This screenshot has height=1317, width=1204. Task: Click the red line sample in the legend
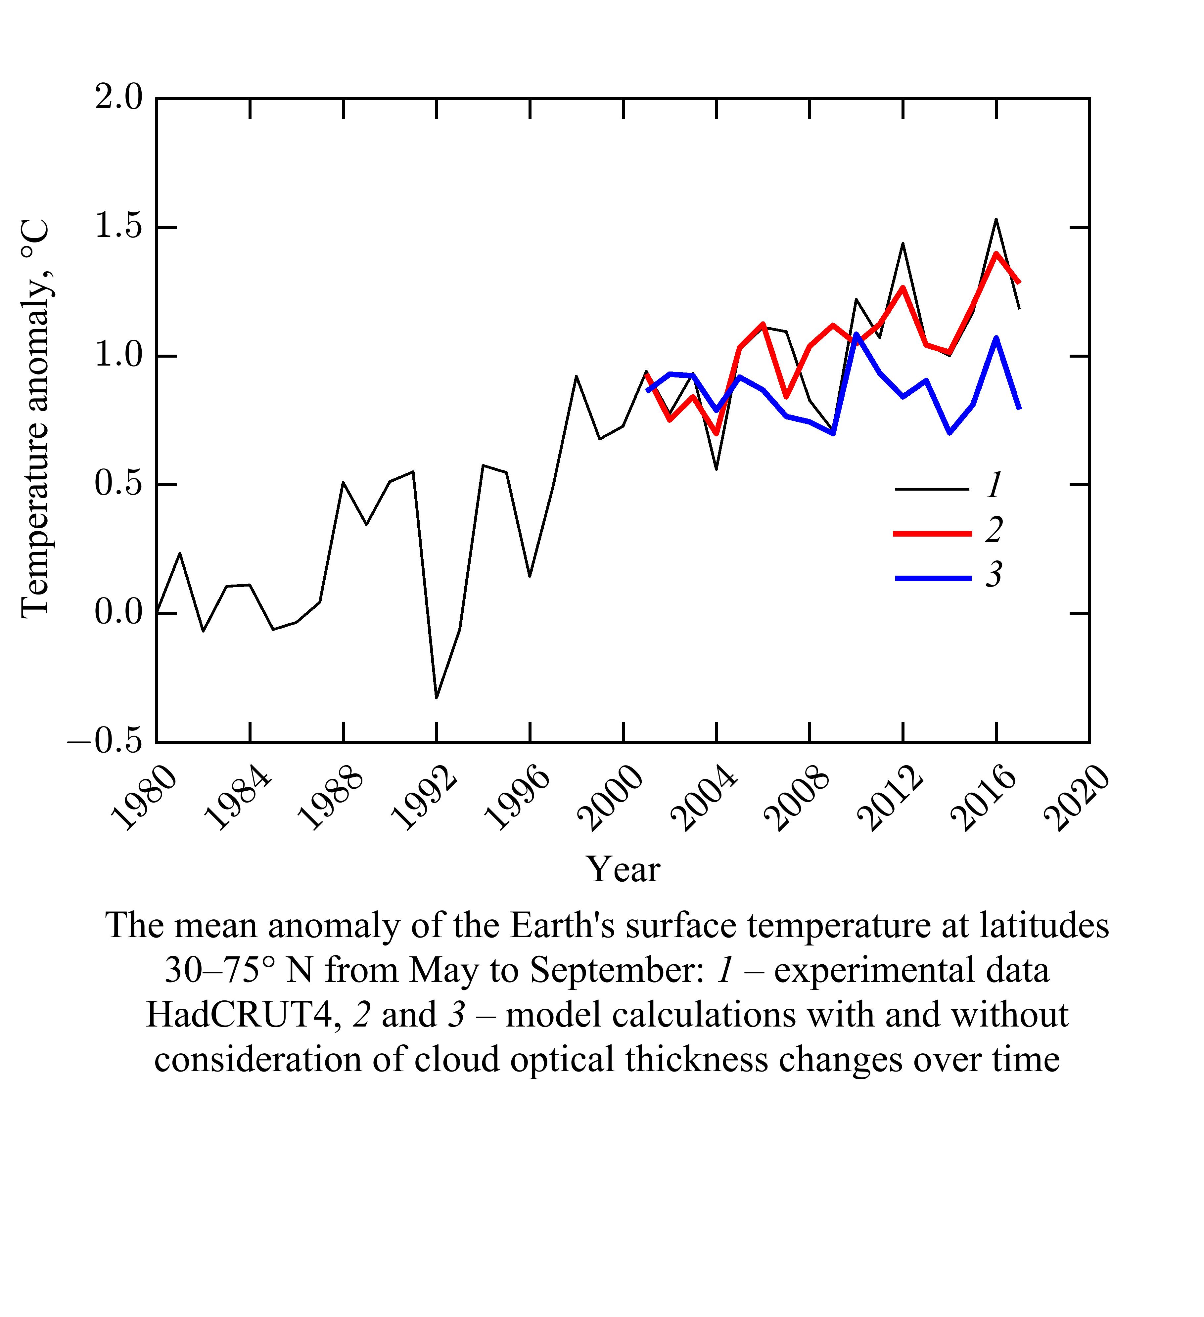(932, 534)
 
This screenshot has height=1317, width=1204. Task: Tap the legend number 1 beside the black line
(994, 485)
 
